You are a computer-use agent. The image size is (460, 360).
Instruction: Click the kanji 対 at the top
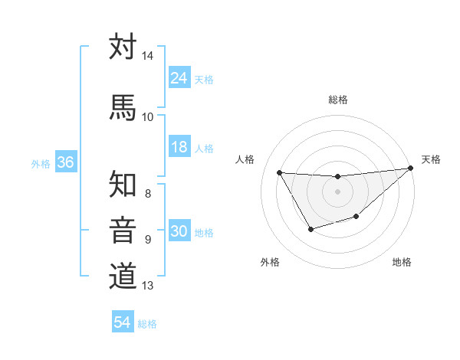(123, 47)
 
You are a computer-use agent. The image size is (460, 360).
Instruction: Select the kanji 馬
(123, 107)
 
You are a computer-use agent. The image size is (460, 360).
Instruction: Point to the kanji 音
(123, 230)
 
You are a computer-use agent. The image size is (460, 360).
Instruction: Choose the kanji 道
(123, 275)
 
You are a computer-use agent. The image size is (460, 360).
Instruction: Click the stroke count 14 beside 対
(147, 57)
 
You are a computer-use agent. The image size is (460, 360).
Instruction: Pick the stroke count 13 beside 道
(147, 286)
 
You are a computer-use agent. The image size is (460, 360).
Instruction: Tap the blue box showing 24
(179, 78)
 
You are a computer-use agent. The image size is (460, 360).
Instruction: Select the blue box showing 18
(179, 148)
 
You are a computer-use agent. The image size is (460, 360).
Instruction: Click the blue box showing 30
(179, 232)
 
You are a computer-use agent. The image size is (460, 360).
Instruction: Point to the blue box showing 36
(65, 163)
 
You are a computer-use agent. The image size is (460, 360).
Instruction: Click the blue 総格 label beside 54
(147, 324)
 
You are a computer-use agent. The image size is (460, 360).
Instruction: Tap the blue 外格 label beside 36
(41, 164)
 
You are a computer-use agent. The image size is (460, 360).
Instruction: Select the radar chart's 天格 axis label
(431, 160)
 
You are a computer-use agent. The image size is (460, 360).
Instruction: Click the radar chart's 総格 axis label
(337, 100)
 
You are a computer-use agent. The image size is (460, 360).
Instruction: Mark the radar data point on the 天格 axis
(410, 169)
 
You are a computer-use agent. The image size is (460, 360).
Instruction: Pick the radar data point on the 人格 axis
(279, 172)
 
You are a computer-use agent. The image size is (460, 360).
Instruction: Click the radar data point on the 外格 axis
(310, 229)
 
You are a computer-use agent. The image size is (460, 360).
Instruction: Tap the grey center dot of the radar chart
(337, 191)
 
